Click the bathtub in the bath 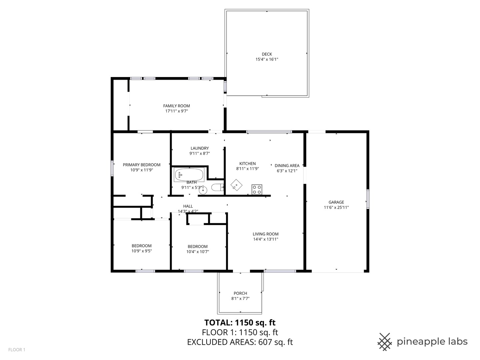point(189,174)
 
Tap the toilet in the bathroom point(217,188)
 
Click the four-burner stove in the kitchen point(257,189)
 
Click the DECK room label point(267,54)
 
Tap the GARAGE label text point(336,202)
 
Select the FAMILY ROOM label point(176,106)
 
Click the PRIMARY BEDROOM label point(141,165)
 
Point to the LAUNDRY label point(199,148)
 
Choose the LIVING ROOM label point(265,234)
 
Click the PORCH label point(240,293)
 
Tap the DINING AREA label point(287,165)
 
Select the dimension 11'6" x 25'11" point(336,207)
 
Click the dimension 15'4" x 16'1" point(267,59)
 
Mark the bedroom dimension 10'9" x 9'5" point(141,251)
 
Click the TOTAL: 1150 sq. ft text point(240,322)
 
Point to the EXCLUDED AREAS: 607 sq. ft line point(240,342)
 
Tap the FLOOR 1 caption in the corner point(17,350)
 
